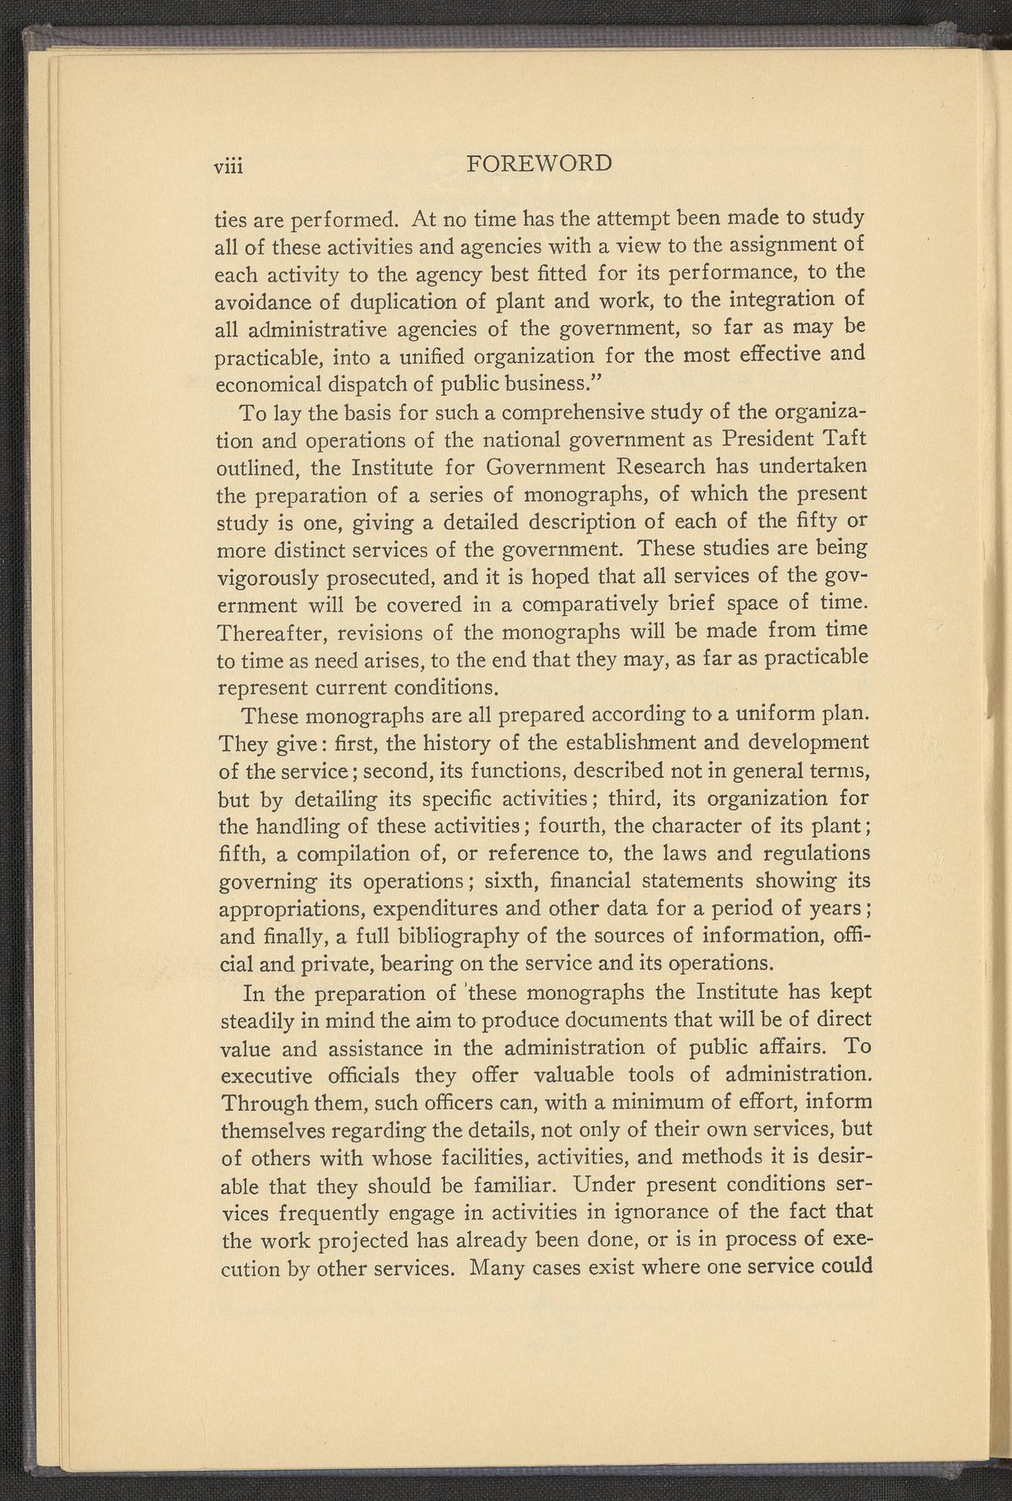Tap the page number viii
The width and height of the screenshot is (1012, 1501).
(228, 165)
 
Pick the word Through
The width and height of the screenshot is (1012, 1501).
(254, 1103)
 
